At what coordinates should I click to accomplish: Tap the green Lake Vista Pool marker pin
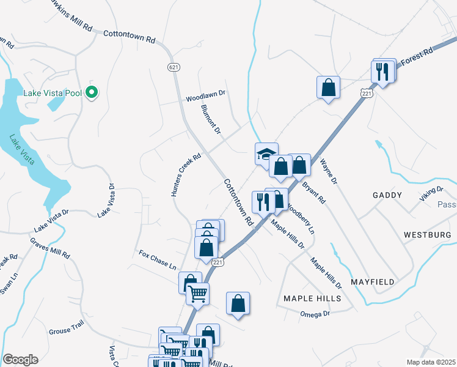coord(92,93)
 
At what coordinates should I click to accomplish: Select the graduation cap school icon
coord(266,154)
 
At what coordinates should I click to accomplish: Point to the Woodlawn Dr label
coord(206,97)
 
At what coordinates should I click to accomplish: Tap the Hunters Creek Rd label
coord(186,175)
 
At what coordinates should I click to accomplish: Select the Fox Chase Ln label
coord(157,260)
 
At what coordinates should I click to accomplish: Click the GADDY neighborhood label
coord(387,195)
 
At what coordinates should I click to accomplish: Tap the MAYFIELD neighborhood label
coord(373,282)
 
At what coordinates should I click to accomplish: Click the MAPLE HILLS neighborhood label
coord(312,298)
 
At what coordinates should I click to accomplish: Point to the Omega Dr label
coord(315,314)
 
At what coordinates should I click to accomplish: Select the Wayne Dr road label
coord(329,172)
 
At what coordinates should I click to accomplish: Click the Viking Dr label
coord(431,195)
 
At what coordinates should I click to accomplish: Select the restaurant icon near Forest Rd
coord(382,72)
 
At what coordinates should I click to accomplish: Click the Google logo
coord(20,360)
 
